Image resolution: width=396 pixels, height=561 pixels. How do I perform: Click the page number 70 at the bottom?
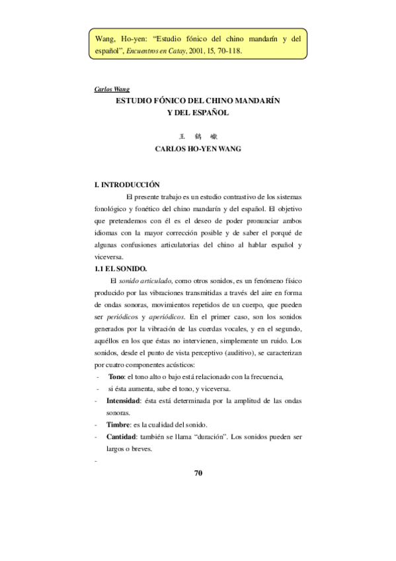pyautogui.click(x=198, y=473)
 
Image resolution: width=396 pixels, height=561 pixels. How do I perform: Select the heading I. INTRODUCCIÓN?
pyautogui.click(x=128, y=185)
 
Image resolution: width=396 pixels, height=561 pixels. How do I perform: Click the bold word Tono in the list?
pyautogui.click(x=116, y=376)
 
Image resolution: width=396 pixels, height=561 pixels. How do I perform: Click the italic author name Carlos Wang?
pyautogui.click(x=112, y=89)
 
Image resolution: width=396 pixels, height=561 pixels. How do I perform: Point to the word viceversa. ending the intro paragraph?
pyautogui.click(x=110, y=257)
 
